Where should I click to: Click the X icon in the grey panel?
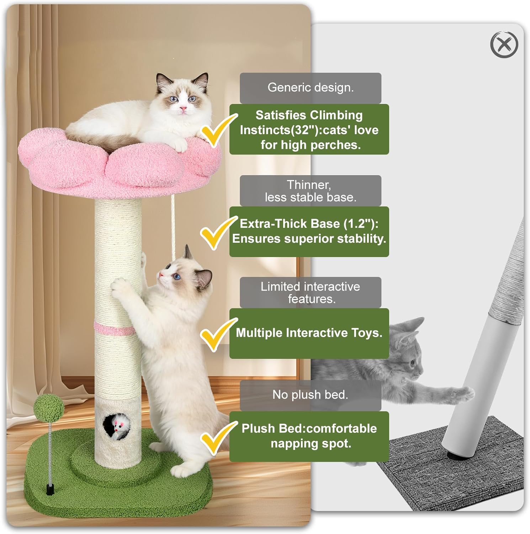504,45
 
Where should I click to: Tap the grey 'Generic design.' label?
310,88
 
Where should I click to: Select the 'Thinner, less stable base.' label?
310,191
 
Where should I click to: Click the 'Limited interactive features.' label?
310,293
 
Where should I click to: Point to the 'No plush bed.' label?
310,395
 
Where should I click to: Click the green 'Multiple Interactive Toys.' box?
309,333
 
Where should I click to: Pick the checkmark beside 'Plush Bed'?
216,438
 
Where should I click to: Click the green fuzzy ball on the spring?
49,406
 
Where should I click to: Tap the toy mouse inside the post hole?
118,426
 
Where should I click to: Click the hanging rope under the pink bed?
173,228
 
